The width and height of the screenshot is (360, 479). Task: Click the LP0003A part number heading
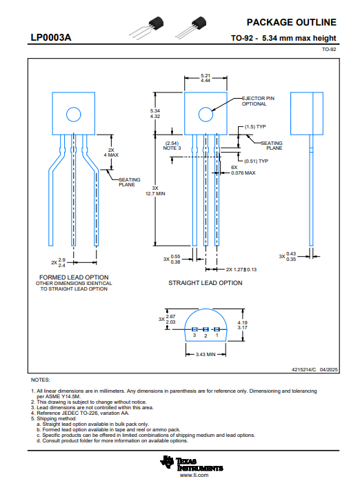51,37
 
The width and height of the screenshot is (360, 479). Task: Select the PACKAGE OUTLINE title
291,22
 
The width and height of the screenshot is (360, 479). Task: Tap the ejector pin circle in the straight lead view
206,115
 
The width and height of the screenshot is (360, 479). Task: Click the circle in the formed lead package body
74,115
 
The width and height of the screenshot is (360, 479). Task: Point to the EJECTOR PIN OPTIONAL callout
258,101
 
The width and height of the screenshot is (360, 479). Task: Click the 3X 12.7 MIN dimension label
155,191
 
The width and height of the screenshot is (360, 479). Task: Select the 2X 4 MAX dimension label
111,153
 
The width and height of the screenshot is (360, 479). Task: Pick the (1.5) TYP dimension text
255,127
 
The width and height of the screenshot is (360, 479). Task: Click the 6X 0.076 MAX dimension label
243,170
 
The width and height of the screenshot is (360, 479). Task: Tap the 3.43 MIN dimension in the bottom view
206,354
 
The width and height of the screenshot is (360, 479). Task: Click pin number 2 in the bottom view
206,335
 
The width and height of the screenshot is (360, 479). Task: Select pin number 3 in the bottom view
194,335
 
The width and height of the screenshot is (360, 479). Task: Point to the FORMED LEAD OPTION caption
74,277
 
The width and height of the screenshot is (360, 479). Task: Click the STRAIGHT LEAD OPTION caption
206,283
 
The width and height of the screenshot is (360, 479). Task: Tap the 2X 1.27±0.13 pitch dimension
241,269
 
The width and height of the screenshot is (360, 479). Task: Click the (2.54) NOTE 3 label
172,146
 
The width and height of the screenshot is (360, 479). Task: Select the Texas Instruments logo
192,463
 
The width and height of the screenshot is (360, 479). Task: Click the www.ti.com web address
194,475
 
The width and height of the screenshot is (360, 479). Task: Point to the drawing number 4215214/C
304,370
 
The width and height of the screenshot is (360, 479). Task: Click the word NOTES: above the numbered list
40,380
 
